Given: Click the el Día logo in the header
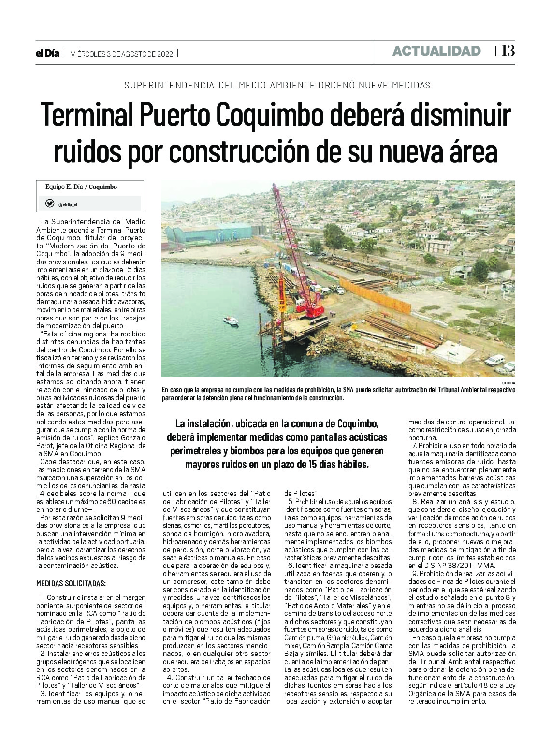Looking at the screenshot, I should click(47, 54).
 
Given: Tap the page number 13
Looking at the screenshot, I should click(508, 51).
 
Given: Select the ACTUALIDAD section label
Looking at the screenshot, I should click(436, 51).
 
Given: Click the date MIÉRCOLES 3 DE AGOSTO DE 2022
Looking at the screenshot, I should click(121, 54).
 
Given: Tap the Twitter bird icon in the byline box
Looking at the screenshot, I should click(50, 204).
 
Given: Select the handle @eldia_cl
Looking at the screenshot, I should click(68, 204).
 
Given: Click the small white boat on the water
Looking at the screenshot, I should click(231, 320).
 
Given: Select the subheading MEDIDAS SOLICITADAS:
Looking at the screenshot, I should click(71, 583).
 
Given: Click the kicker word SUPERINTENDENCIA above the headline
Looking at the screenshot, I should click(161, 86).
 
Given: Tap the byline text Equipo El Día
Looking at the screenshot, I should click(65, 187).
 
